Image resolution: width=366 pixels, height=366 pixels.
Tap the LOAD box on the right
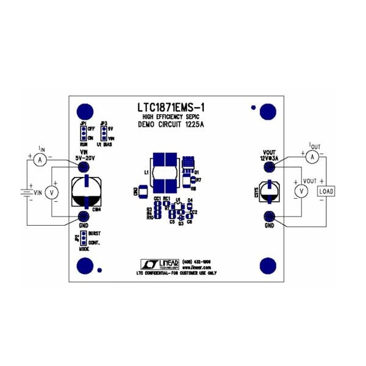tap(325, 191)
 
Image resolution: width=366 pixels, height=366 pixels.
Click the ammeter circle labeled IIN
tap(40, 159)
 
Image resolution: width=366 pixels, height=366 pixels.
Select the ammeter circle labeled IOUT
tap(311, 157)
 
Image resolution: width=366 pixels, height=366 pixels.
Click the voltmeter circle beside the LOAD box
tap(300, 191)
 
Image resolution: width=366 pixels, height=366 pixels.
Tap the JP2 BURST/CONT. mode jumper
tap(82, 237)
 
